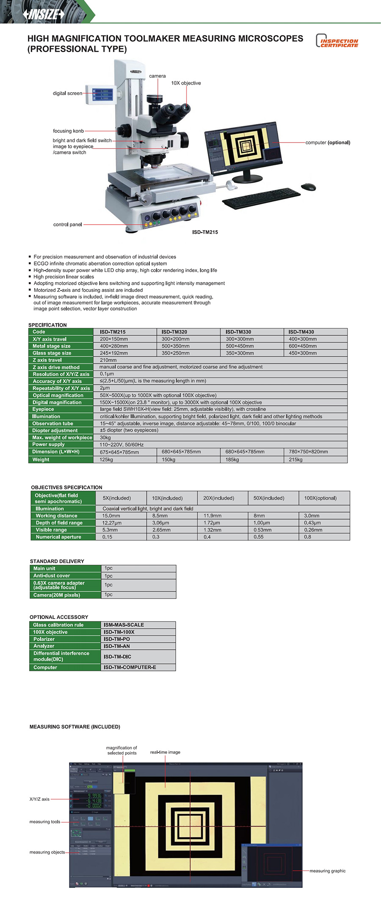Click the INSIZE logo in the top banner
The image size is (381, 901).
point(44,14)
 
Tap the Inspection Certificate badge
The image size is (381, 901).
point(337,41)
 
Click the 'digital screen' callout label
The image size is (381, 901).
point(67,93)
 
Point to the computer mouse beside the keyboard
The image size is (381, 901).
point(308,187)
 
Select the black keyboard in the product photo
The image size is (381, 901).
point(261,198)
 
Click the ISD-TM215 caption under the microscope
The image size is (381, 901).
point(205,232)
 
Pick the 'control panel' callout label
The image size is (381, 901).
point(67,225)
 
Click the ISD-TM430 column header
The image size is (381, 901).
point(301,332)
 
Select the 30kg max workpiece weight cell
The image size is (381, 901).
point(105,438)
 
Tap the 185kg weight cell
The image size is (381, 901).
point(232,460)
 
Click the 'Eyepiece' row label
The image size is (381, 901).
point(43,409)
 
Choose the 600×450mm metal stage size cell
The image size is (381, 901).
point(303,346)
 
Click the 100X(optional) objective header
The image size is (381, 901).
point(320,498)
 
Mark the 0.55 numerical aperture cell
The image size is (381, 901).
point(258,537)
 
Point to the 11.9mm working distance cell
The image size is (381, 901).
point(213,516)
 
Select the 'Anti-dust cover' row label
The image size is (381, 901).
point(52,576)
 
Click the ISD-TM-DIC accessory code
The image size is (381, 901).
point(117,657)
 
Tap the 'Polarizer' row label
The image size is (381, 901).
point(44,639)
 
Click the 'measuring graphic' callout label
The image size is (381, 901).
point(327,871)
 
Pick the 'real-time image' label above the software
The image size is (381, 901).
point(165,753)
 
